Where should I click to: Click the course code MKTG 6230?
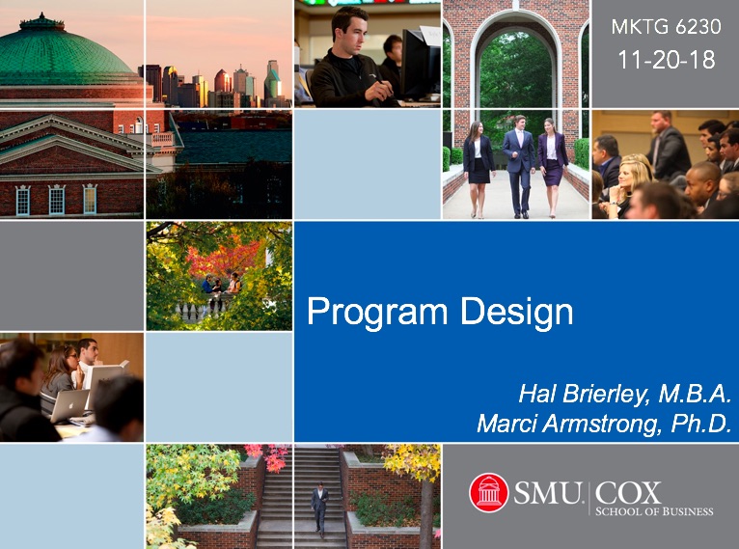[x=666, y=27]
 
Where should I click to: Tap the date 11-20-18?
[x=667, y=60]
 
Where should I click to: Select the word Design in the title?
[x=517, y=312]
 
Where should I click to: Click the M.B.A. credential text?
[x=695, y=394]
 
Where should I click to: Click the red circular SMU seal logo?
[x=489, y=492]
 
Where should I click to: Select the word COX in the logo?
[x=628, y=493]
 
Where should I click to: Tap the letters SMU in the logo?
[x=547, y=493]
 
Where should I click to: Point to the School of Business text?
[x=654, y=511]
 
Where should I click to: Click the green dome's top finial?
[x=41, y=17]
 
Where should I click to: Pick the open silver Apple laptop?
[x=69, y=405]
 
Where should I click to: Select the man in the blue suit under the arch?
[x=520, y=166]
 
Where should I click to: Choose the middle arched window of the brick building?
[x=57, y=200]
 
